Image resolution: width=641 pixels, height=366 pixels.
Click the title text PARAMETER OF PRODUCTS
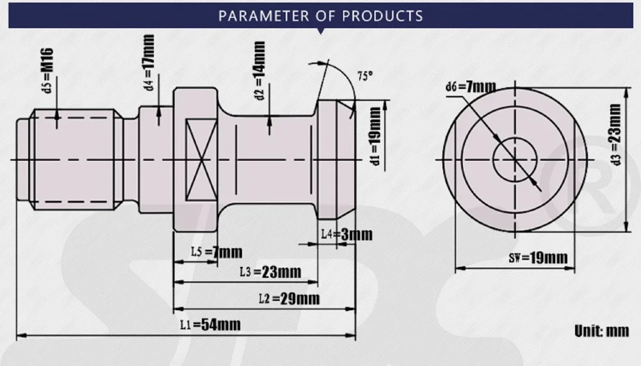click(320, 16)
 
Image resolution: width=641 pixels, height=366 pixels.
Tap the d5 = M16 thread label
click(48, 71)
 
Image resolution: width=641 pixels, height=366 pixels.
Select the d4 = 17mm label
click(149, 63)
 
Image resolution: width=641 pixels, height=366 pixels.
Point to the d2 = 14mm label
click(259, 71)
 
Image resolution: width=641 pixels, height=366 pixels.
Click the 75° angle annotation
click(365, 76)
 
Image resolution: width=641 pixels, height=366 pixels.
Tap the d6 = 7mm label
click(470, 87)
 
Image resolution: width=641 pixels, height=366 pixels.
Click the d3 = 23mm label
click(615, 135)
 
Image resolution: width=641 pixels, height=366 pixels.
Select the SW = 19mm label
click(538, 258)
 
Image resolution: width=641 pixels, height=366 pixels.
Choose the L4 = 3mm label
click(347, 235)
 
